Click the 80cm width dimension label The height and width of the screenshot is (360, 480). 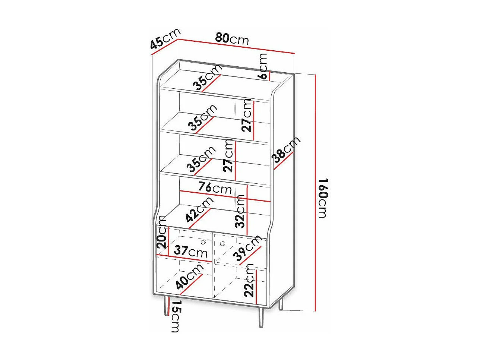(x=232, y=38)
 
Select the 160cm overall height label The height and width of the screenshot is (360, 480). (x=323, y=198)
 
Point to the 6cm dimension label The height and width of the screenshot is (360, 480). (x=263, y=66)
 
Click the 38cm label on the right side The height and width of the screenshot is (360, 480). (x=286, y=151)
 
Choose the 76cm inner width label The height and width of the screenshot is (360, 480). (x=215, y=187)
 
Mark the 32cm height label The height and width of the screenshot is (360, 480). (x=241, y=211)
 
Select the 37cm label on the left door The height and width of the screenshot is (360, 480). (x=190, y=251)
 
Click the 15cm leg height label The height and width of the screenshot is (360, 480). (x=175, y=316)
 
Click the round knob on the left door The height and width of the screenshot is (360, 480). (x=203, y=242)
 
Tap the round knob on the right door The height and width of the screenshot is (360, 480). (x=222, y=244)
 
